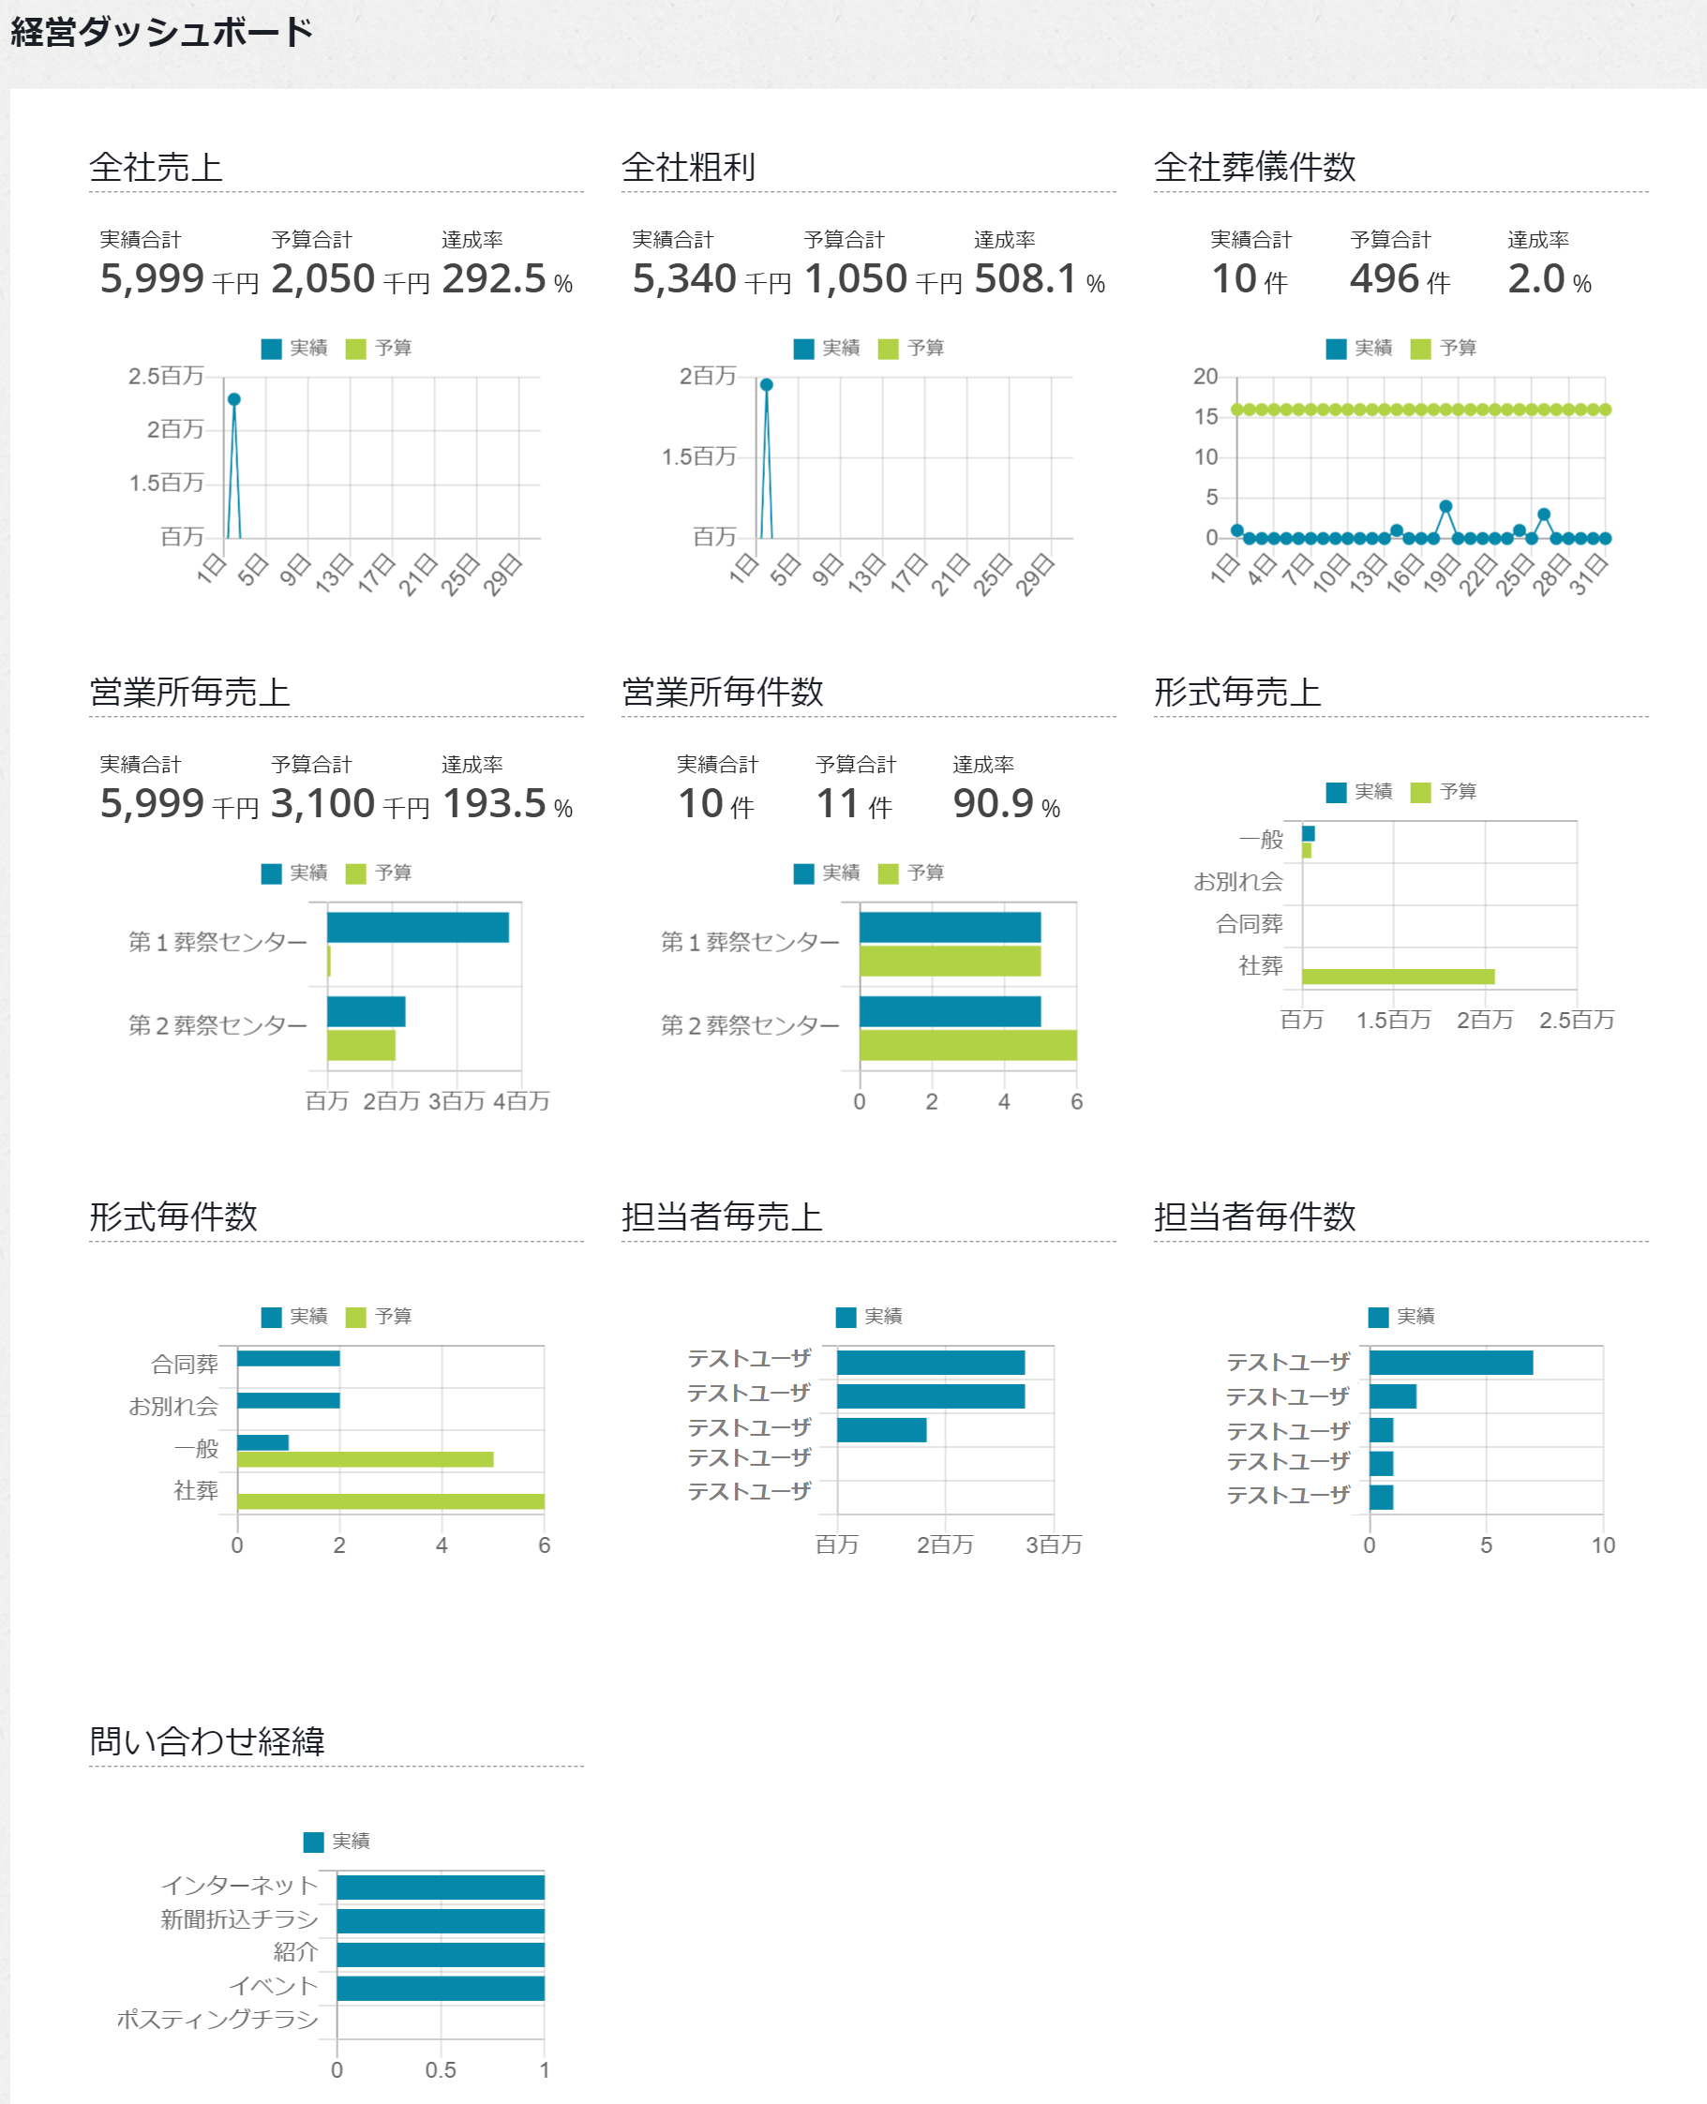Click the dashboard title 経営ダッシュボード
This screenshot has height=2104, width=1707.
pos(161,33)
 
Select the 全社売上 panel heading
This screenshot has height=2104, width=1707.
pos(156,167)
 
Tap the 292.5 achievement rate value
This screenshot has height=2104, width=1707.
pos(494,279)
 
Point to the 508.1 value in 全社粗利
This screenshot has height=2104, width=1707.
pos(1026,279)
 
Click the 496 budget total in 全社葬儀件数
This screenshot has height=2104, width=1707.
pos(1385,279)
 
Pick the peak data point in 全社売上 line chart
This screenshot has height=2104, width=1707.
pos(234,399)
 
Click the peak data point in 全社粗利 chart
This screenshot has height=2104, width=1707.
pos(767,384)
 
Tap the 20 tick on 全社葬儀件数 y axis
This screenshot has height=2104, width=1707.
pos(1205,377)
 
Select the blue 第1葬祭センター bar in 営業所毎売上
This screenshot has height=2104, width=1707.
pos(418,927)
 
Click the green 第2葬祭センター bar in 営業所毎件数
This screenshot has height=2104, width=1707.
pos(967,1045)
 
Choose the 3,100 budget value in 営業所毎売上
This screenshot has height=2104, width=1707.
pos(322,804)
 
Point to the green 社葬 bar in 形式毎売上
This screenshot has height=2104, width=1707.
pos(1398,977)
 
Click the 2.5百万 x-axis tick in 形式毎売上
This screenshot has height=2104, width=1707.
pos(1576,1021)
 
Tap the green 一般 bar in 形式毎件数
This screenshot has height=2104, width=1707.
pos(365,1459)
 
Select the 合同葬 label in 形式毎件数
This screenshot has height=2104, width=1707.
pos(185,1365)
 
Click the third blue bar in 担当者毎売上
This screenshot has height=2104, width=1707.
pos(881,1429)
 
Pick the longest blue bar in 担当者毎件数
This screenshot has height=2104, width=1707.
pos(1450,1362)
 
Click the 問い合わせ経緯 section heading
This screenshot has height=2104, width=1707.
pos(206,1741)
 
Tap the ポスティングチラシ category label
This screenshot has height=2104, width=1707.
pos(217,2020)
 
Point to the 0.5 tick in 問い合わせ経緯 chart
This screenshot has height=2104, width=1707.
pos(441,2070)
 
